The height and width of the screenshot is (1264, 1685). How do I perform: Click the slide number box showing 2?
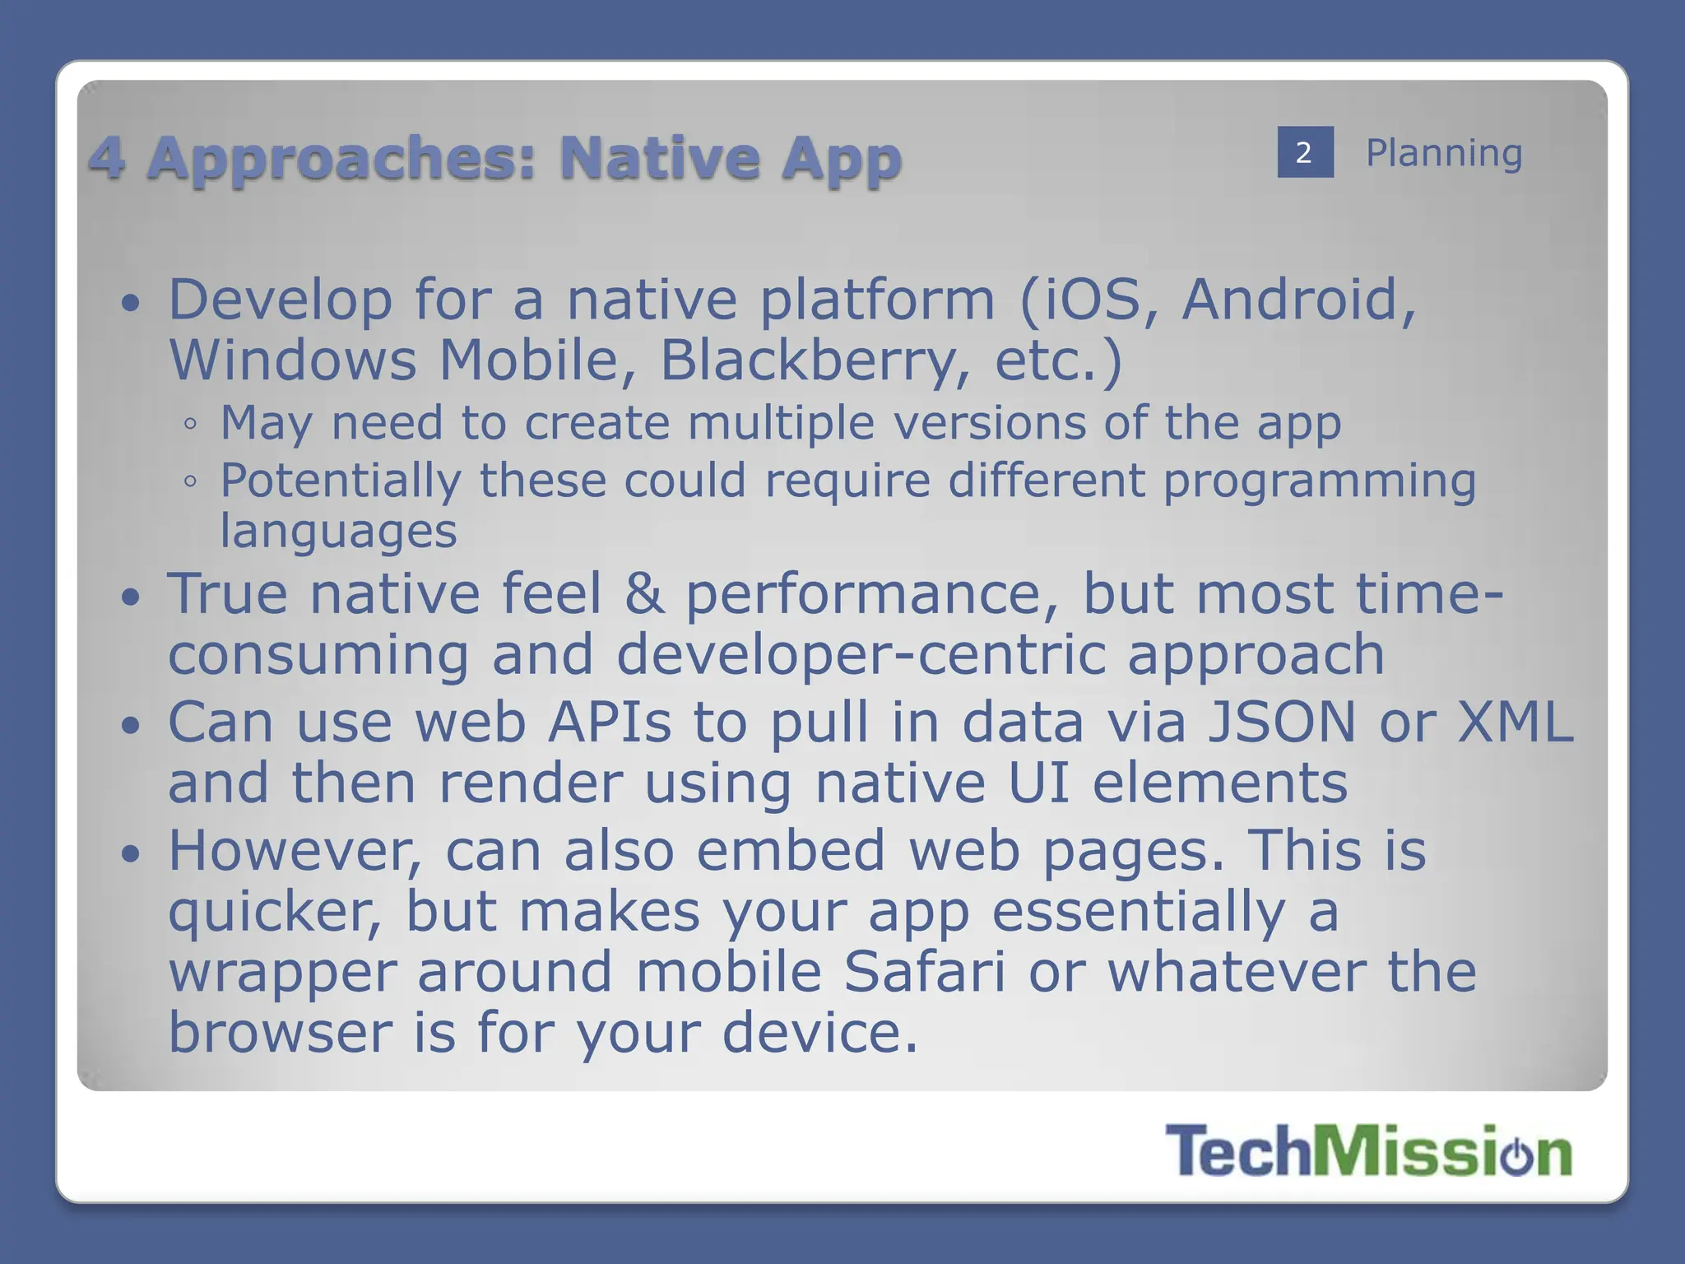coord(1305,152)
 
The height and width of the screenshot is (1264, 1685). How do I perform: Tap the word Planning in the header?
coord(1444,153)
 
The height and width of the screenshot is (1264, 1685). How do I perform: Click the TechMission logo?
coord(1368,1150)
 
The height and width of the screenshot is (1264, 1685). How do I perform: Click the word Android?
coord(1298,300)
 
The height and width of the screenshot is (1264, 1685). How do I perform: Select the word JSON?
coord(1281,723)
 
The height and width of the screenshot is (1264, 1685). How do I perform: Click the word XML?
coord(1516,723)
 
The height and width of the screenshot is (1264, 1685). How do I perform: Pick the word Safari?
coord(925,972)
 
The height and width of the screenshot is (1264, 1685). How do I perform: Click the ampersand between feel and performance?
coord(643,593)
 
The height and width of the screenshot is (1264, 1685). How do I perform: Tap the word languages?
coord(338,532)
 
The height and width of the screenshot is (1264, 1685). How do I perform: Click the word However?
coord(295,851)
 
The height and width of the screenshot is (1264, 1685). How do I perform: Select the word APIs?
coord(610,723)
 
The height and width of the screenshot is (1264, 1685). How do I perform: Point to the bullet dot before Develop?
coord(130,303)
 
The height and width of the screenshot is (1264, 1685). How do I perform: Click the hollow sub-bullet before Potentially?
coord(190,482)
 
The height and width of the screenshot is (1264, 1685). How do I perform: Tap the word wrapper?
coord(282,974)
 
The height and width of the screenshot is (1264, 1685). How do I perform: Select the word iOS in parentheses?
coord(1092,300)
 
